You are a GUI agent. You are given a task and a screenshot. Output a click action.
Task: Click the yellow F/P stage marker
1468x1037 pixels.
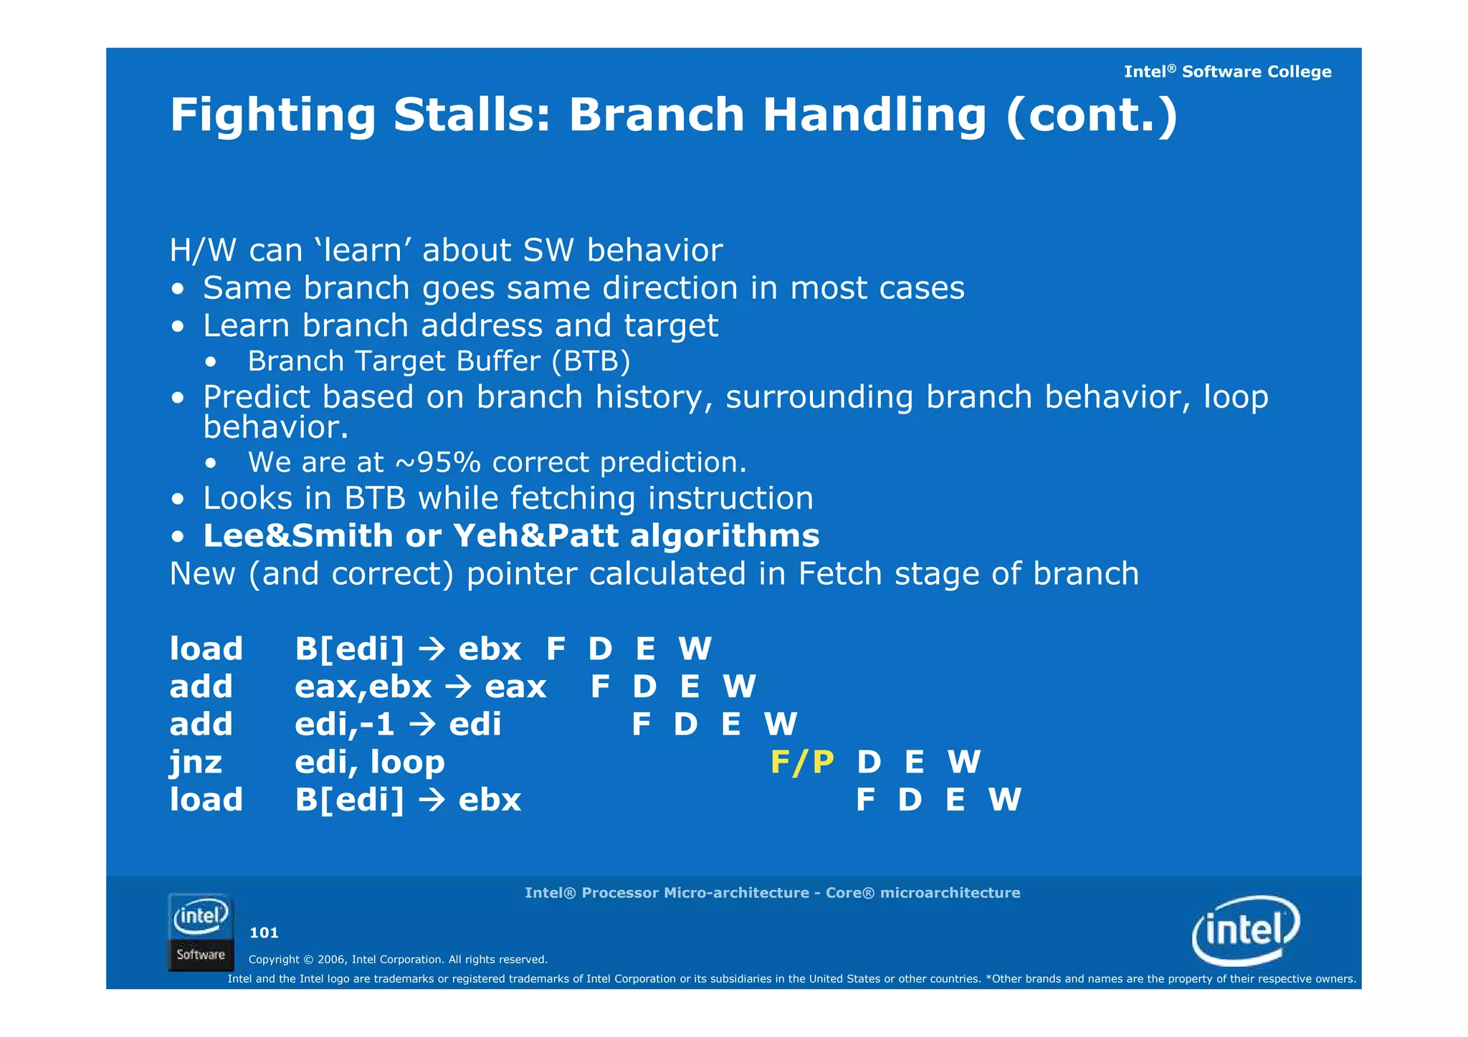click(x=801, y=762)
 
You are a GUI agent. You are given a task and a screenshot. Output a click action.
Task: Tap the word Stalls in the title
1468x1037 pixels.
click(x=472, y=115)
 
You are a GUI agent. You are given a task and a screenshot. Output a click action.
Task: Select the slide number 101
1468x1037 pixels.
click(x=264, y=932)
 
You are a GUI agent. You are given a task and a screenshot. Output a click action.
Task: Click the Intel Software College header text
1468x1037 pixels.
click(x=1227, y=72)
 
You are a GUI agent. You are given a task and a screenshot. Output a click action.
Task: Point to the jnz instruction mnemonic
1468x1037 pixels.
click(x=196, y=762)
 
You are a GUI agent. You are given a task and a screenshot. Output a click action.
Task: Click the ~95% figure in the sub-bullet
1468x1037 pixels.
click(x=438, y=462)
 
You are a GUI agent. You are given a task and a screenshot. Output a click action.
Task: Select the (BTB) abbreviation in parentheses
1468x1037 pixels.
click(x=591, y=361)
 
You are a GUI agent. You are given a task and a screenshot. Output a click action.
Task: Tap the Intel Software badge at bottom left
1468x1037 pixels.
click(x=201, y=932)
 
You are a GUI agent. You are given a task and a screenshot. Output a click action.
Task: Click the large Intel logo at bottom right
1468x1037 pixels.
click(x=1245, y=930)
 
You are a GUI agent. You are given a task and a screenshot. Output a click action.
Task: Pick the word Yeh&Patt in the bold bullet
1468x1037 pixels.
click(x=535, y=536)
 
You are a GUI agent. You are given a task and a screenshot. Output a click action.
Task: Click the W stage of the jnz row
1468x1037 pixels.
click(x=963, y=762)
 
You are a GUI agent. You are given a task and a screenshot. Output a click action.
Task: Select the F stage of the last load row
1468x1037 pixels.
click(x=865, y=800)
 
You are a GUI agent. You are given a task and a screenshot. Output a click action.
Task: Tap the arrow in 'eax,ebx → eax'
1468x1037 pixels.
click(x=458, y=687)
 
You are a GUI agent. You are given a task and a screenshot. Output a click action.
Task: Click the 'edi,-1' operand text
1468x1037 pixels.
click(x=345, y=725)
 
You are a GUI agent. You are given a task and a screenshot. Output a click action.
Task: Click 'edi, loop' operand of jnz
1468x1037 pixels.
click(x=369, y=762)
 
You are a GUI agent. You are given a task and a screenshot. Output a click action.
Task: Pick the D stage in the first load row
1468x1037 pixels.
click(x=600, y=649)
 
